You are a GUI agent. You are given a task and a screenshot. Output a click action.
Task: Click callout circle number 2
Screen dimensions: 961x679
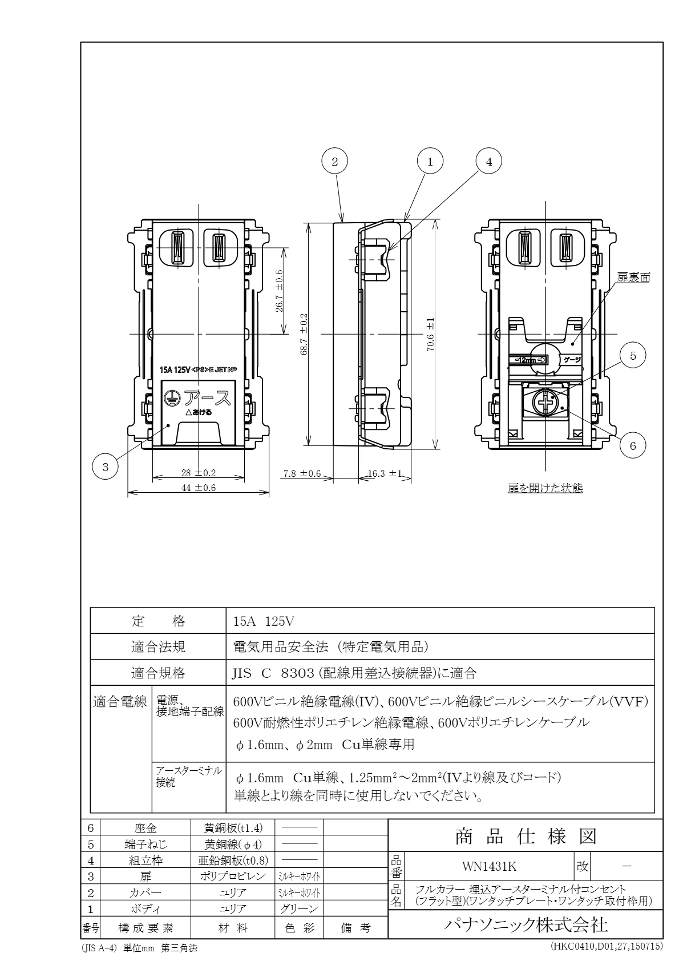tap(335, 162)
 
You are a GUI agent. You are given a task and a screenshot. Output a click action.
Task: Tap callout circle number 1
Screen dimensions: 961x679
tap(430, 162)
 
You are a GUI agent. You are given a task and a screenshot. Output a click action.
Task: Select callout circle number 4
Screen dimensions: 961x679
tap(488, 162)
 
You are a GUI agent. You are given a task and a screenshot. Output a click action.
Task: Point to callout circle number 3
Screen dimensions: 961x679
tap(105, 467)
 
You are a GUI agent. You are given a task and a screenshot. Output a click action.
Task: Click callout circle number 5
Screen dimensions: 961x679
tap(633, 355)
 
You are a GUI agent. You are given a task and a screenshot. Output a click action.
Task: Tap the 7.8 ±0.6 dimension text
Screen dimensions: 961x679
tap(302, 473)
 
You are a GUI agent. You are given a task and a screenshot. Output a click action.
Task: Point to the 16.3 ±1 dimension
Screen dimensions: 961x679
tap(386, 473)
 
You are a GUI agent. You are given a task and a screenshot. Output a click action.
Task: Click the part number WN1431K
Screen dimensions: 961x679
tap(481, 866)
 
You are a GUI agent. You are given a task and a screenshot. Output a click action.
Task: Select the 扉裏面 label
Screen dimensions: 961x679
tap(633, 278)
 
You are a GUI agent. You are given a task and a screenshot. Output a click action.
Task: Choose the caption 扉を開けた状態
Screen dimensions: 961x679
tap(545, 488)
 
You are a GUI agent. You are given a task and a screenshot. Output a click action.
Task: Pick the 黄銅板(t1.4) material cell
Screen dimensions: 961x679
tap(232, 828)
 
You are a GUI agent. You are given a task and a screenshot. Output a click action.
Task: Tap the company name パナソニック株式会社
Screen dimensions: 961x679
tap(526, 924)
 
